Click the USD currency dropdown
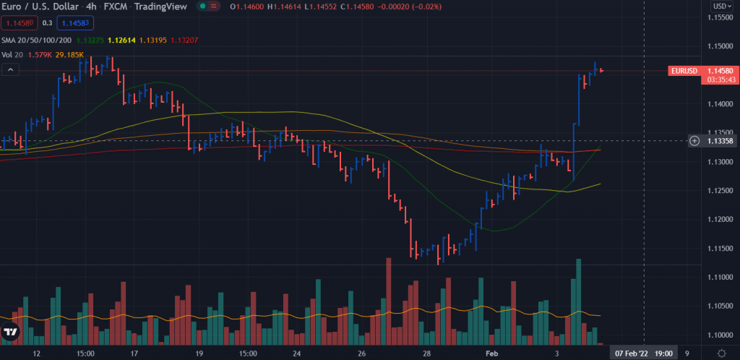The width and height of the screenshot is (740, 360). (720, 6)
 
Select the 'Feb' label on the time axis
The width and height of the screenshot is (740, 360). (492, 353)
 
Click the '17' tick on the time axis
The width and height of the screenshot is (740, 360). (134, 353)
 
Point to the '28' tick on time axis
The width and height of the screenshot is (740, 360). (427, 353)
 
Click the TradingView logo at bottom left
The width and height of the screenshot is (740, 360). (10, 333)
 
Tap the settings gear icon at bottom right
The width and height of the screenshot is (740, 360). (720, 353)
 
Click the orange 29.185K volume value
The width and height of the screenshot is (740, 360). (71, 54)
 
